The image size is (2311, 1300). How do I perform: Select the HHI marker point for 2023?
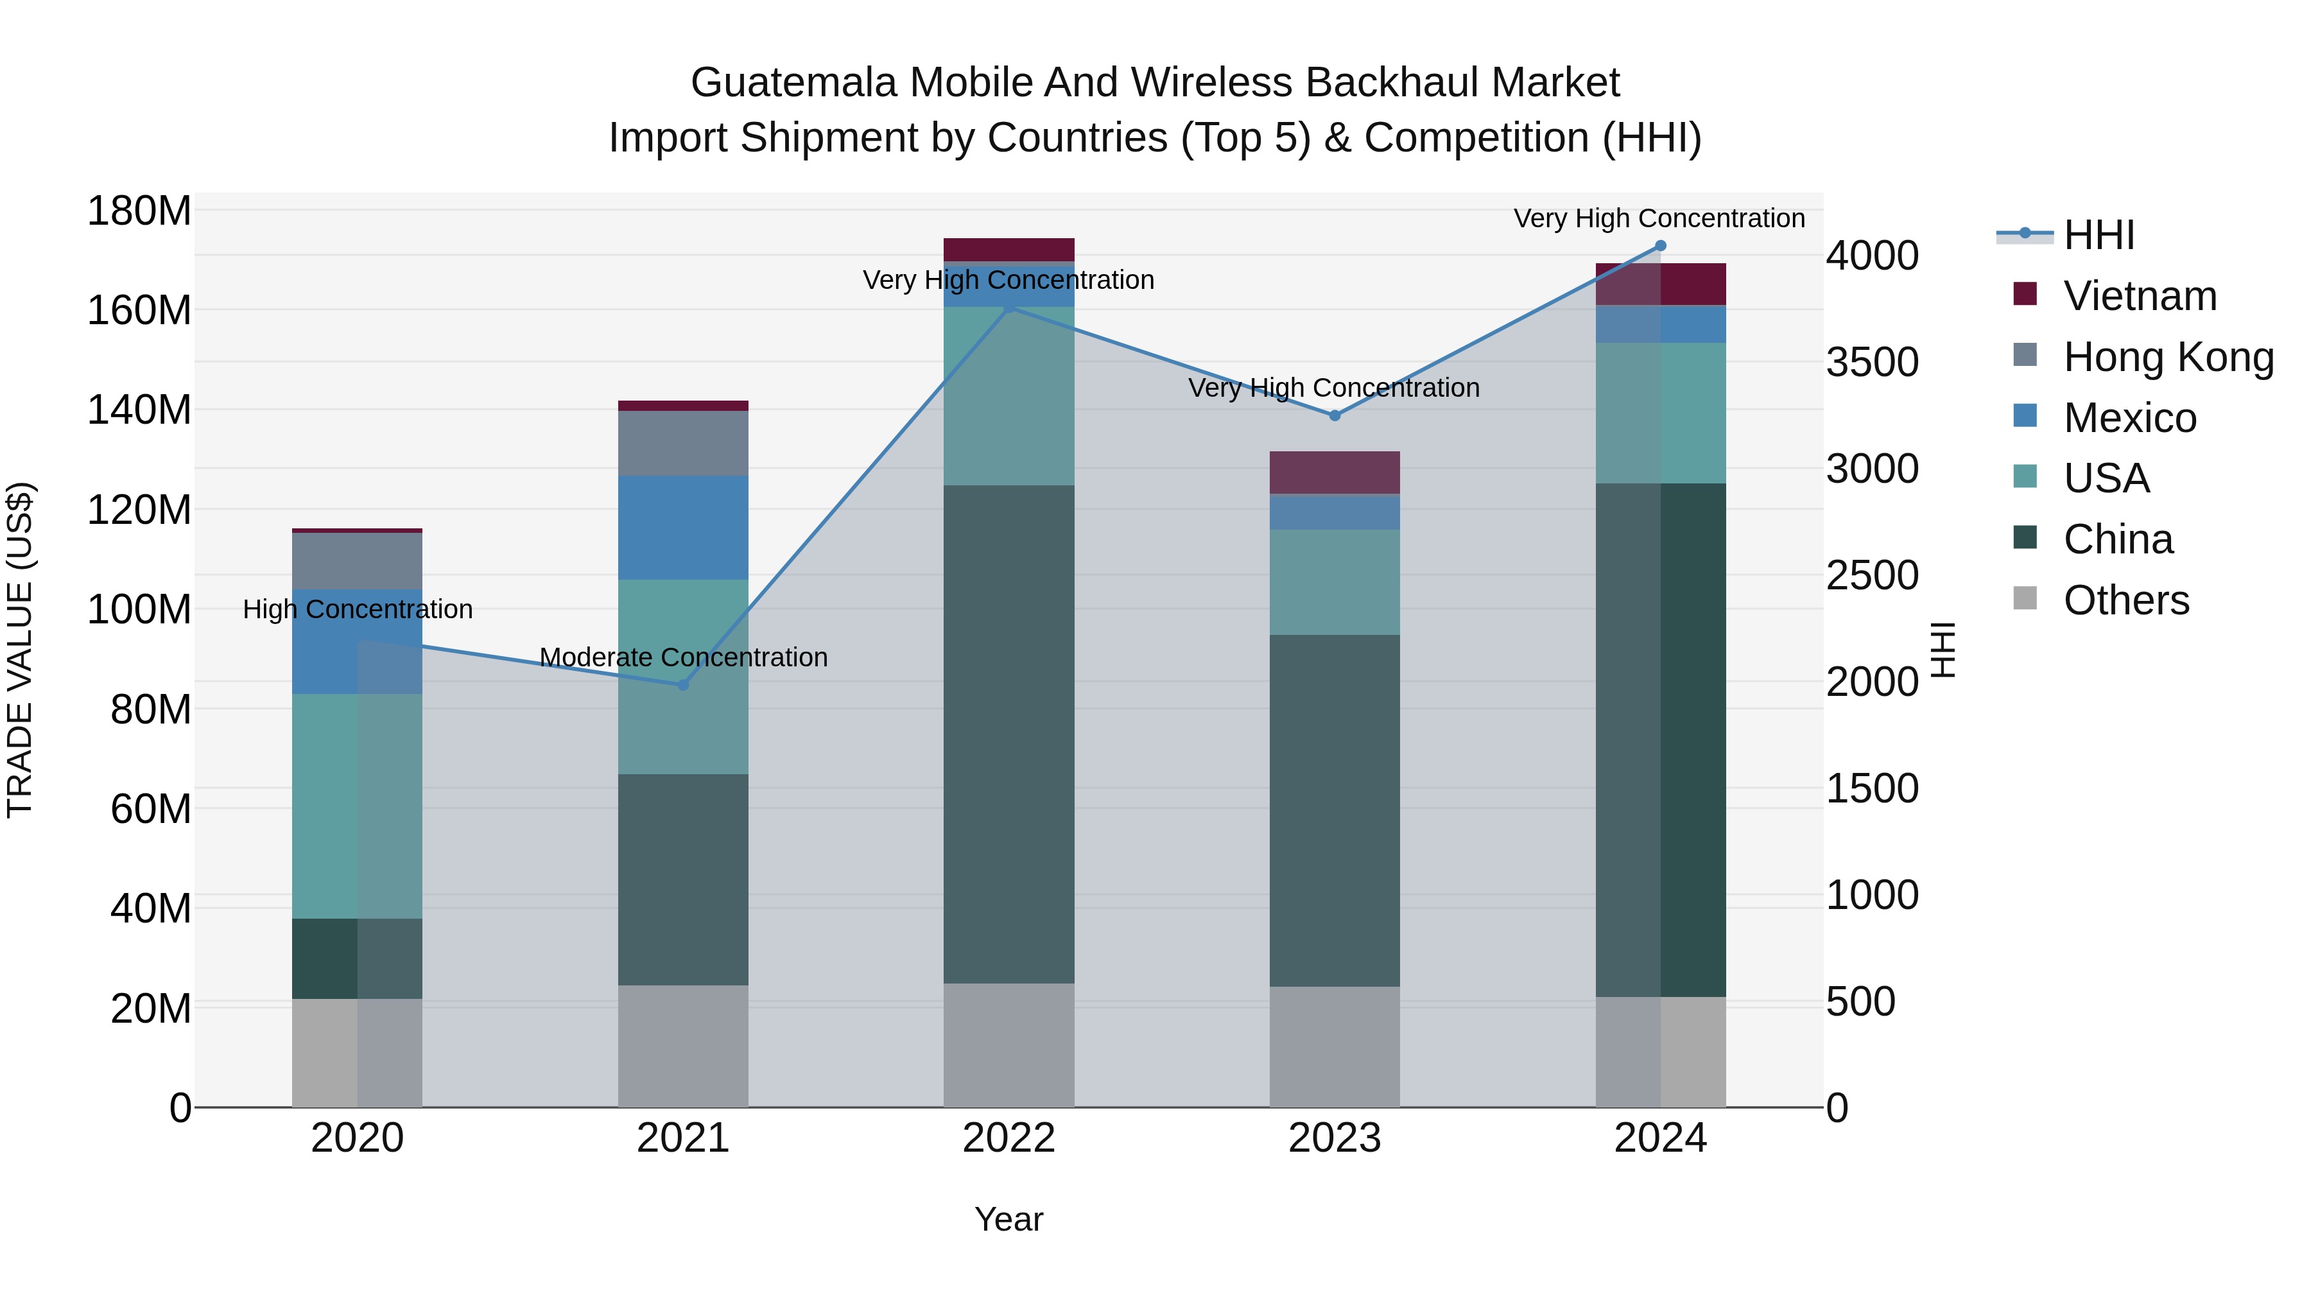(x=1334, y=415)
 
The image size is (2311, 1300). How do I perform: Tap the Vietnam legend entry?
(x=2140, y=296)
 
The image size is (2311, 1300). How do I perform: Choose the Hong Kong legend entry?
(x=2168, y=357)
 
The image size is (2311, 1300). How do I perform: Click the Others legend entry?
(x=2126, y=600)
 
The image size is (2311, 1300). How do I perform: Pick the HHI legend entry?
(x=2099, y=235)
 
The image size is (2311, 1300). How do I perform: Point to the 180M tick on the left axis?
(x=139, y=212)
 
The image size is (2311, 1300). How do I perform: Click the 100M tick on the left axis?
(x=139, y=610)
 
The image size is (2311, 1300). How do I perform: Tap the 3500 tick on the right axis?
(x=1873, y=363)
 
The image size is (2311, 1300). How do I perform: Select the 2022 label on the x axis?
(x=1008, y=1138)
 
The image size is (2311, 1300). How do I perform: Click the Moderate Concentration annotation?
(x=683, y=657)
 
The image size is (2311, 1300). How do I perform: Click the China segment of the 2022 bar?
(x=1008, y=734)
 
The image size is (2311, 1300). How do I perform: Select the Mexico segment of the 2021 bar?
(x=683, y=528)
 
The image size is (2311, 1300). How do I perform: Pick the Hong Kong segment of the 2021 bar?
(x=683, y=443)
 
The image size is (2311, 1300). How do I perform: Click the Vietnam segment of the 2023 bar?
(x=1334, y=472)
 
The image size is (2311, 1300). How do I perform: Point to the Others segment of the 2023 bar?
(x=1334, y=1046)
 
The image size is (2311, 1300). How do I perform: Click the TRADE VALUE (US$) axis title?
(x=20, y=650)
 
